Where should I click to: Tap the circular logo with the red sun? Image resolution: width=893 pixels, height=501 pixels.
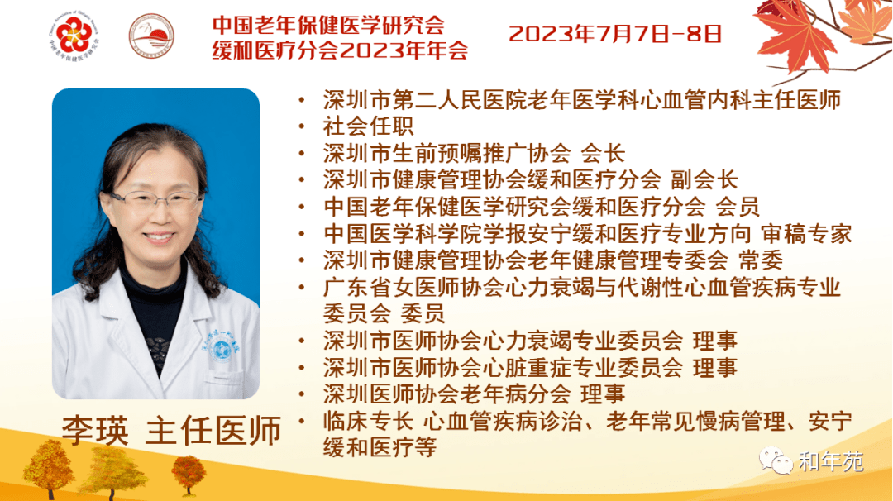tap(151, 36)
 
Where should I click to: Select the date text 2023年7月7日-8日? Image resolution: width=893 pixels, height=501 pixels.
tap(615, 34)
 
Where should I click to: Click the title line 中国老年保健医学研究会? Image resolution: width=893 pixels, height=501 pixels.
tap(328, 25)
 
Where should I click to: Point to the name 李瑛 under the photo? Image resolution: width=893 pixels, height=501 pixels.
tap(95, 431)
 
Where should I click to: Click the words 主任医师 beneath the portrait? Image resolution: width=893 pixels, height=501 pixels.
tap(213, 431)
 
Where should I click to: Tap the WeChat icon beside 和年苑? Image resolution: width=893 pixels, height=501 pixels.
tap(776, 460)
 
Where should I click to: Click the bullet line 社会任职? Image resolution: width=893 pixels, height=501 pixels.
tap(369, 126)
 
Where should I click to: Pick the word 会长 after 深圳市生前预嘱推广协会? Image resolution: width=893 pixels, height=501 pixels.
tap(603, 153)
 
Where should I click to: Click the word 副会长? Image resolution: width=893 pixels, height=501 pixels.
tap(704, 180)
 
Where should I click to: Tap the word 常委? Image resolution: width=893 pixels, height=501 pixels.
tap(761, 260)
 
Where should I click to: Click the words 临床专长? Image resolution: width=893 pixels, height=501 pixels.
tap(369, 422)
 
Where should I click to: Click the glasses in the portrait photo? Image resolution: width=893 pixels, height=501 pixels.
tap(156, 199)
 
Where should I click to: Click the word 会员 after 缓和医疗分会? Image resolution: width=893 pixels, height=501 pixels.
tap(738, 208)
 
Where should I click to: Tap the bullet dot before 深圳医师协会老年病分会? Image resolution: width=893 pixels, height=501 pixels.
tap(302, 394)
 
